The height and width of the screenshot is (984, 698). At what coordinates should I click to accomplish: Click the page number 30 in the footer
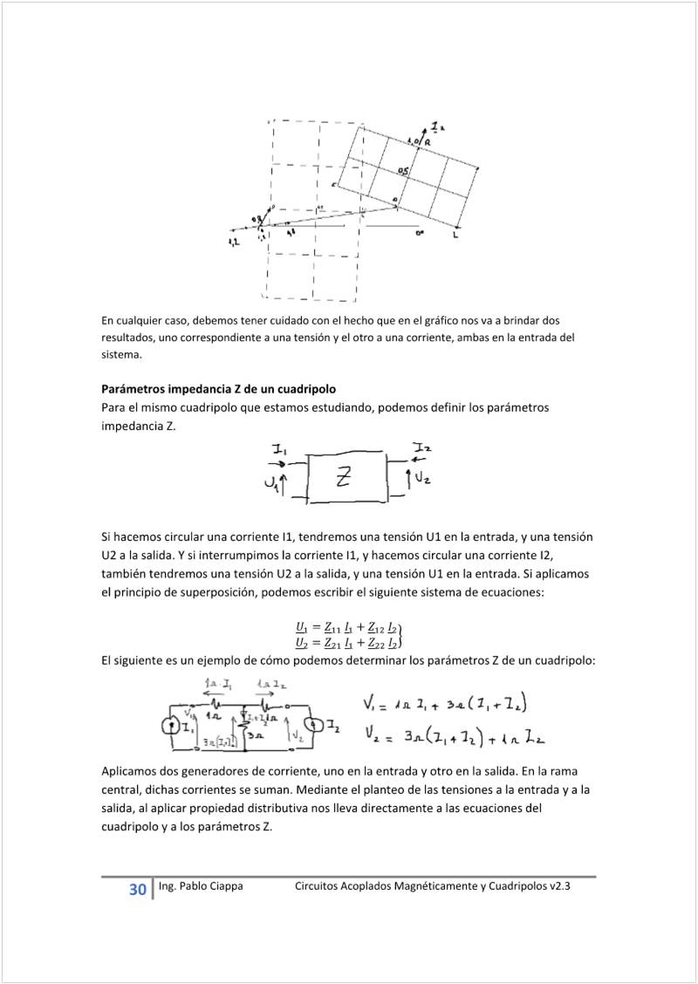click(x=137, y=890)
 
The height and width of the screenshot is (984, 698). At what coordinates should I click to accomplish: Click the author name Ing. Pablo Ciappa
click(x=201, y=886)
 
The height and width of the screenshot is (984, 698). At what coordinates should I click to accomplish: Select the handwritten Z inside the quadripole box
click(x=345, y=475)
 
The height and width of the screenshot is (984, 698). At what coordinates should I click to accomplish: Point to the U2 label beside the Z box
click(x=421, y=477)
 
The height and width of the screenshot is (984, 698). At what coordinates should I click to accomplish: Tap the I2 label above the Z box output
click(x=422, y=448)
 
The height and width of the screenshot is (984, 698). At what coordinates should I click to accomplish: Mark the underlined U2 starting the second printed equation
click(x=302, y=644)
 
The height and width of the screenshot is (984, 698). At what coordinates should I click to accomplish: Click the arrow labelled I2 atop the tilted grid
click(x=429, y=131)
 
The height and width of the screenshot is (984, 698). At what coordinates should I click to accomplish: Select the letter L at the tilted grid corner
click(x=456, y=236)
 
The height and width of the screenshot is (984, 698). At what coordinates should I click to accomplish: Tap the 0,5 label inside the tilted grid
click(x=403, y=172)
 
